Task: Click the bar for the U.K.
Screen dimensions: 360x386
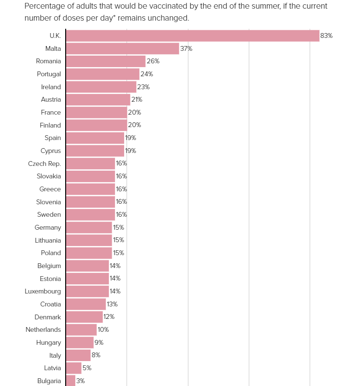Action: click(193, 35)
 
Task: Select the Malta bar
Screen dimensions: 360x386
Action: click(123, 48)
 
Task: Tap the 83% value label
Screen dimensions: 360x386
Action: click(326, 35)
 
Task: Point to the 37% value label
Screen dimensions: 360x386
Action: click(186, 48)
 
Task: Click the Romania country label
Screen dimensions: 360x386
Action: click(48, 61)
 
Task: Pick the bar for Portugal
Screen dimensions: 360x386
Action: click(103, 74)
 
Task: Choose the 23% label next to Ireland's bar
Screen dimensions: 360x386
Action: click(143, 87)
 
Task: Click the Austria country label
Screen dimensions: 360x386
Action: click(51, 99)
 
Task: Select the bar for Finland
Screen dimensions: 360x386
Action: click(96, 125)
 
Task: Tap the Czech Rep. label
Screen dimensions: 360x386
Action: click(44, 164)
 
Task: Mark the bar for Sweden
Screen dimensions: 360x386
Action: click(91, 214)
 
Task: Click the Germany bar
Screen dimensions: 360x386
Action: click(89, 227)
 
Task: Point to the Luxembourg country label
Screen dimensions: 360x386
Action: click(43, 291)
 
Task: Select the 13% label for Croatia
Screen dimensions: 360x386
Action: click(112, 304)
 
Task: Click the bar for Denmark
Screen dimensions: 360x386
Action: click(84, 317)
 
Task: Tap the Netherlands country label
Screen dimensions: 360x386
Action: click(43, 329)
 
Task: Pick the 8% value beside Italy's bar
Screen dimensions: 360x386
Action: click(96, 355)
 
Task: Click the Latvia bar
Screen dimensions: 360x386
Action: click(74, 368)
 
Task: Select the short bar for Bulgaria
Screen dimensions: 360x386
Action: click(70, 381)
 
